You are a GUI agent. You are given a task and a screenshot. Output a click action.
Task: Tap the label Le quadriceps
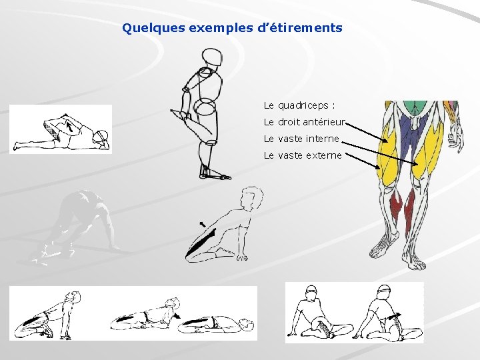[299, 106]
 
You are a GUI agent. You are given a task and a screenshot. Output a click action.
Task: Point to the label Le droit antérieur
[304, 122]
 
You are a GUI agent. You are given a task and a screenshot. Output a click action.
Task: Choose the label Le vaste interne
[301, 139]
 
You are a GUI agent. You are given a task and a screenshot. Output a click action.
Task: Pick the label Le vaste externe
[303, 155]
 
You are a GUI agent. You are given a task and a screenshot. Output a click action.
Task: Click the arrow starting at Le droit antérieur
[367, 133]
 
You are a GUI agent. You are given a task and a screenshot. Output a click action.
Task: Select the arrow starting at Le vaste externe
[363, 161]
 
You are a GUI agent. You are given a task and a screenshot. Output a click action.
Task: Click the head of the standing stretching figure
[212, 57]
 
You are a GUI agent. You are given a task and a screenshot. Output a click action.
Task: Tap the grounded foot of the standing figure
[215, 175]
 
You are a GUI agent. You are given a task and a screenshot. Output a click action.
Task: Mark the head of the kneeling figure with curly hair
[251, 198]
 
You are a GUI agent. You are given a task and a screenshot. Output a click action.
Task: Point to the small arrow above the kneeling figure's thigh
[203, 225]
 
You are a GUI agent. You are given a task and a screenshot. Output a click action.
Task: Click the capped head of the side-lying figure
[101, 138]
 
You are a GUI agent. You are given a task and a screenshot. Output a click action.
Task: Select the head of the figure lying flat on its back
[247, 323]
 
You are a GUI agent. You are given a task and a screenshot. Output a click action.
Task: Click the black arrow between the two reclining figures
[177, 315]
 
